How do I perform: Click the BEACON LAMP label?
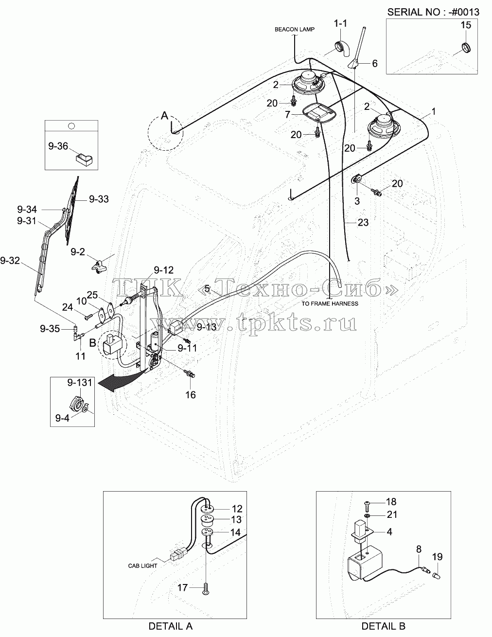pyautogui.click(x=295, y=29)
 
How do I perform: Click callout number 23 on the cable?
pyautogui.click(x=363, y=223)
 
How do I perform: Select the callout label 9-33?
pyautogui.click(x=99, y=199)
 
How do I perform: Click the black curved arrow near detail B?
pyautogui.click(x=120, y=381)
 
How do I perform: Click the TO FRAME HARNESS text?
pyautogui.click(x=330, y=304)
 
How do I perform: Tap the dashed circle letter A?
pyautogui.click(x=165, y=116)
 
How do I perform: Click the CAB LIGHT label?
pyautogui.click(x=143, y=566)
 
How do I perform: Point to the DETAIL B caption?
pyautogui.click(x=383, y=626)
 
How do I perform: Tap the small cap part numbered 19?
pyautogui.click(x=437, y=576)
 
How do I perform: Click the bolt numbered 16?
pyautogui.click(x=190, y=373)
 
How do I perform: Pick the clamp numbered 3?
pyautogui.click(x=356, y=179)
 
